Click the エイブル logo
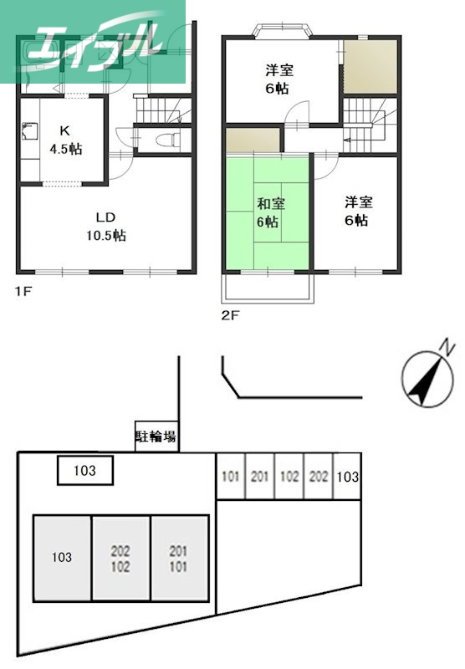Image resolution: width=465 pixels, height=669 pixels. (x=92, y=42)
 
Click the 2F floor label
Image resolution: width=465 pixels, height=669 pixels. (x=230, y=316)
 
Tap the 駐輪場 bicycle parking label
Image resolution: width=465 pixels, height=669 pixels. (x=156, y=437)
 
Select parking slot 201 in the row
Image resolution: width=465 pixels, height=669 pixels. (x=260, y=477)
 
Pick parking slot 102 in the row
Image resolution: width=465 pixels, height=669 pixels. (x=289, y=477)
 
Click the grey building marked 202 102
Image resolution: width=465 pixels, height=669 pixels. (x=120, y=557)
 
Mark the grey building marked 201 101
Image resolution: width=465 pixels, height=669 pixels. (x=179, y=557)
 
